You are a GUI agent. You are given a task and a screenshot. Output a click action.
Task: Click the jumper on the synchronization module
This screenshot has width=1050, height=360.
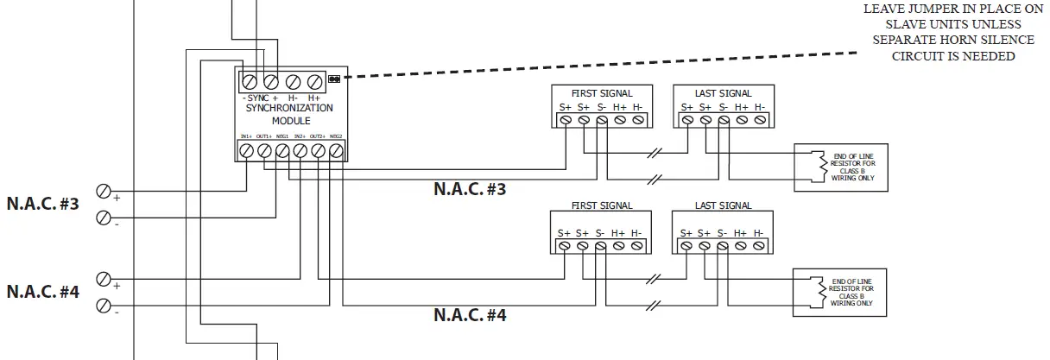pos(333,79)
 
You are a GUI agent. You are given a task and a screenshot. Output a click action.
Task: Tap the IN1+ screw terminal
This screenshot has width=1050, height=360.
pos(246,151)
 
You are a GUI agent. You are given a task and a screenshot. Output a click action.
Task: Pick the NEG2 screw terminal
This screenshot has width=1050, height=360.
pos(337,151)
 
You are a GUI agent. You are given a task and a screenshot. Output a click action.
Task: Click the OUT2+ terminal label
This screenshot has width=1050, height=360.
pos(318,136)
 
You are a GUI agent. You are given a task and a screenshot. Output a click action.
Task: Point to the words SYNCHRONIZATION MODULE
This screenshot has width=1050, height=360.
pos(289,114)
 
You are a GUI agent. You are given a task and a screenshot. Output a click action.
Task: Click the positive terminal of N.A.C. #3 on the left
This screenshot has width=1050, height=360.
pos(104,190)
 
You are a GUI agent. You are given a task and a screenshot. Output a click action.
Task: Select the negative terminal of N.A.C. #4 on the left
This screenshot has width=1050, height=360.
pos(104,305)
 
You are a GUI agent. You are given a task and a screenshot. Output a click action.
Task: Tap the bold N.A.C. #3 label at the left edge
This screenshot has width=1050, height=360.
pos(43,205)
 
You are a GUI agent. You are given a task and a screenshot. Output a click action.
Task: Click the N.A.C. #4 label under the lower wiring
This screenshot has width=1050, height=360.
pos(470,314)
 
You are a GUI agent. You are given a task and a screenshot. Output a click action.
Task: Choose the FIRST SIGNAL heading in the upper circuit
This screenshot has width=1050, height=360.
pos(602,92)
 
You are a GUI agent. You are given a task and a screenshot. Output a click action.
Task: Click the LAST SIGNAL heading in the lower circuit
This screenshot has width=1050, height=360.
pos(723,205)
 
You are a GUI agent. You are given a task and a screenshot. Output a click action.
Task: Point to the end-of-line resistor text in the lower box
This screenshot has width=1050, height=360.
pos(851,293)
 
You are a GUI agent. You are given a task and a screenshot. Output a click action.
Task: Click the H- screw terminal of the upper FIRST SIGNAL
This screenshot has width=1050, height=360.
pos(637,121)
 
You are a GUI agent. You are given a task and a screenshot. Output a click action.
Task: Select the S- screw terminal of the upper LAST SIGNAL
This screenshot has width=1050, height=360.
pos(724,121)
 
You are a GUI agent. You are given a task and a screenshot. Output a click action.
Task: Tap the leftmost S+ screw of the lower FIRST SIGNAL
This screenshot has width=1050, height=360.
pos(564,246)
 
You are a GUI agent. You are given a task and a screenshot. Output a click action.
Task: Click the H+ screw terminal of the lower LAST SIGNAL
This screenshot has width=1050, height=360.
pos(741,246)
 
